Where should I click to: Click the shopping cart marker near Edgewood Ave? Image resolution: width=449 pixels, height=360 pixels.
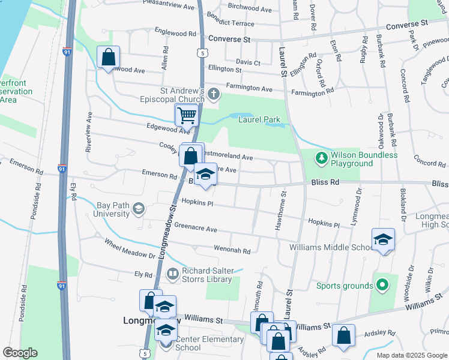point(187,115)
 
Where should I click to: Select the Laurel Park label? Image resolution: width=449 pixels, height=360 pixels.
point(259,120)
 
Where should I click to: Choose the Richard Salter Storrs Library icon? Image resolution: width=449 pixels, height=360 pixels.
point(173,274)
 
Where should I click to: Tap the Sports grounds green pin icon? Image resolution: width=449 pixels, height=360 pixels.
point(381,286)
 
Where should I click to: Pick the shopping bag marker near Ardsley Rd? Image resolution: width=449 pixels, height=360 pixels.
point(343,337)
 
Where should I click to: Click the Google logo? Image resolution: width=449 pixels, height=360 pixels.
point(20,353)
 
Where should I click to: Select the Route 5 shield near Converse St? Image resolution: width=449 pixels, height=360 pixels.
point(203,53)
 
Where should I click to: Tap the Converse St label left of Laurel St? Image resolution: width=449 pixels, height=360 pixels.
point(229,39)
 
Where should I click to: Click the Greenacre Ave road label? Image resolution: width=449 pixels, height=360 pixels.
point(196,229)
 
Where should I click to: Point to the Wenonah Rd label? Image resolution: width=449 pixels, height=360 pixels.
point(232,249)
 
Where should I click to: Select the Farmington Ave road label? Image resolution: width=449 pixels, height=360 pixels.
point(249,88)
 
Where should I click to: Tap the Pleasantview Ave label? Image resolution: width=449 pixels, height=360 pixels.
point(169,6)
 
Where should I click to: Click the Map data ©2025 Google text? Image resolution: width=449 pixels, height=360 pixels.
point(411,355)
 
